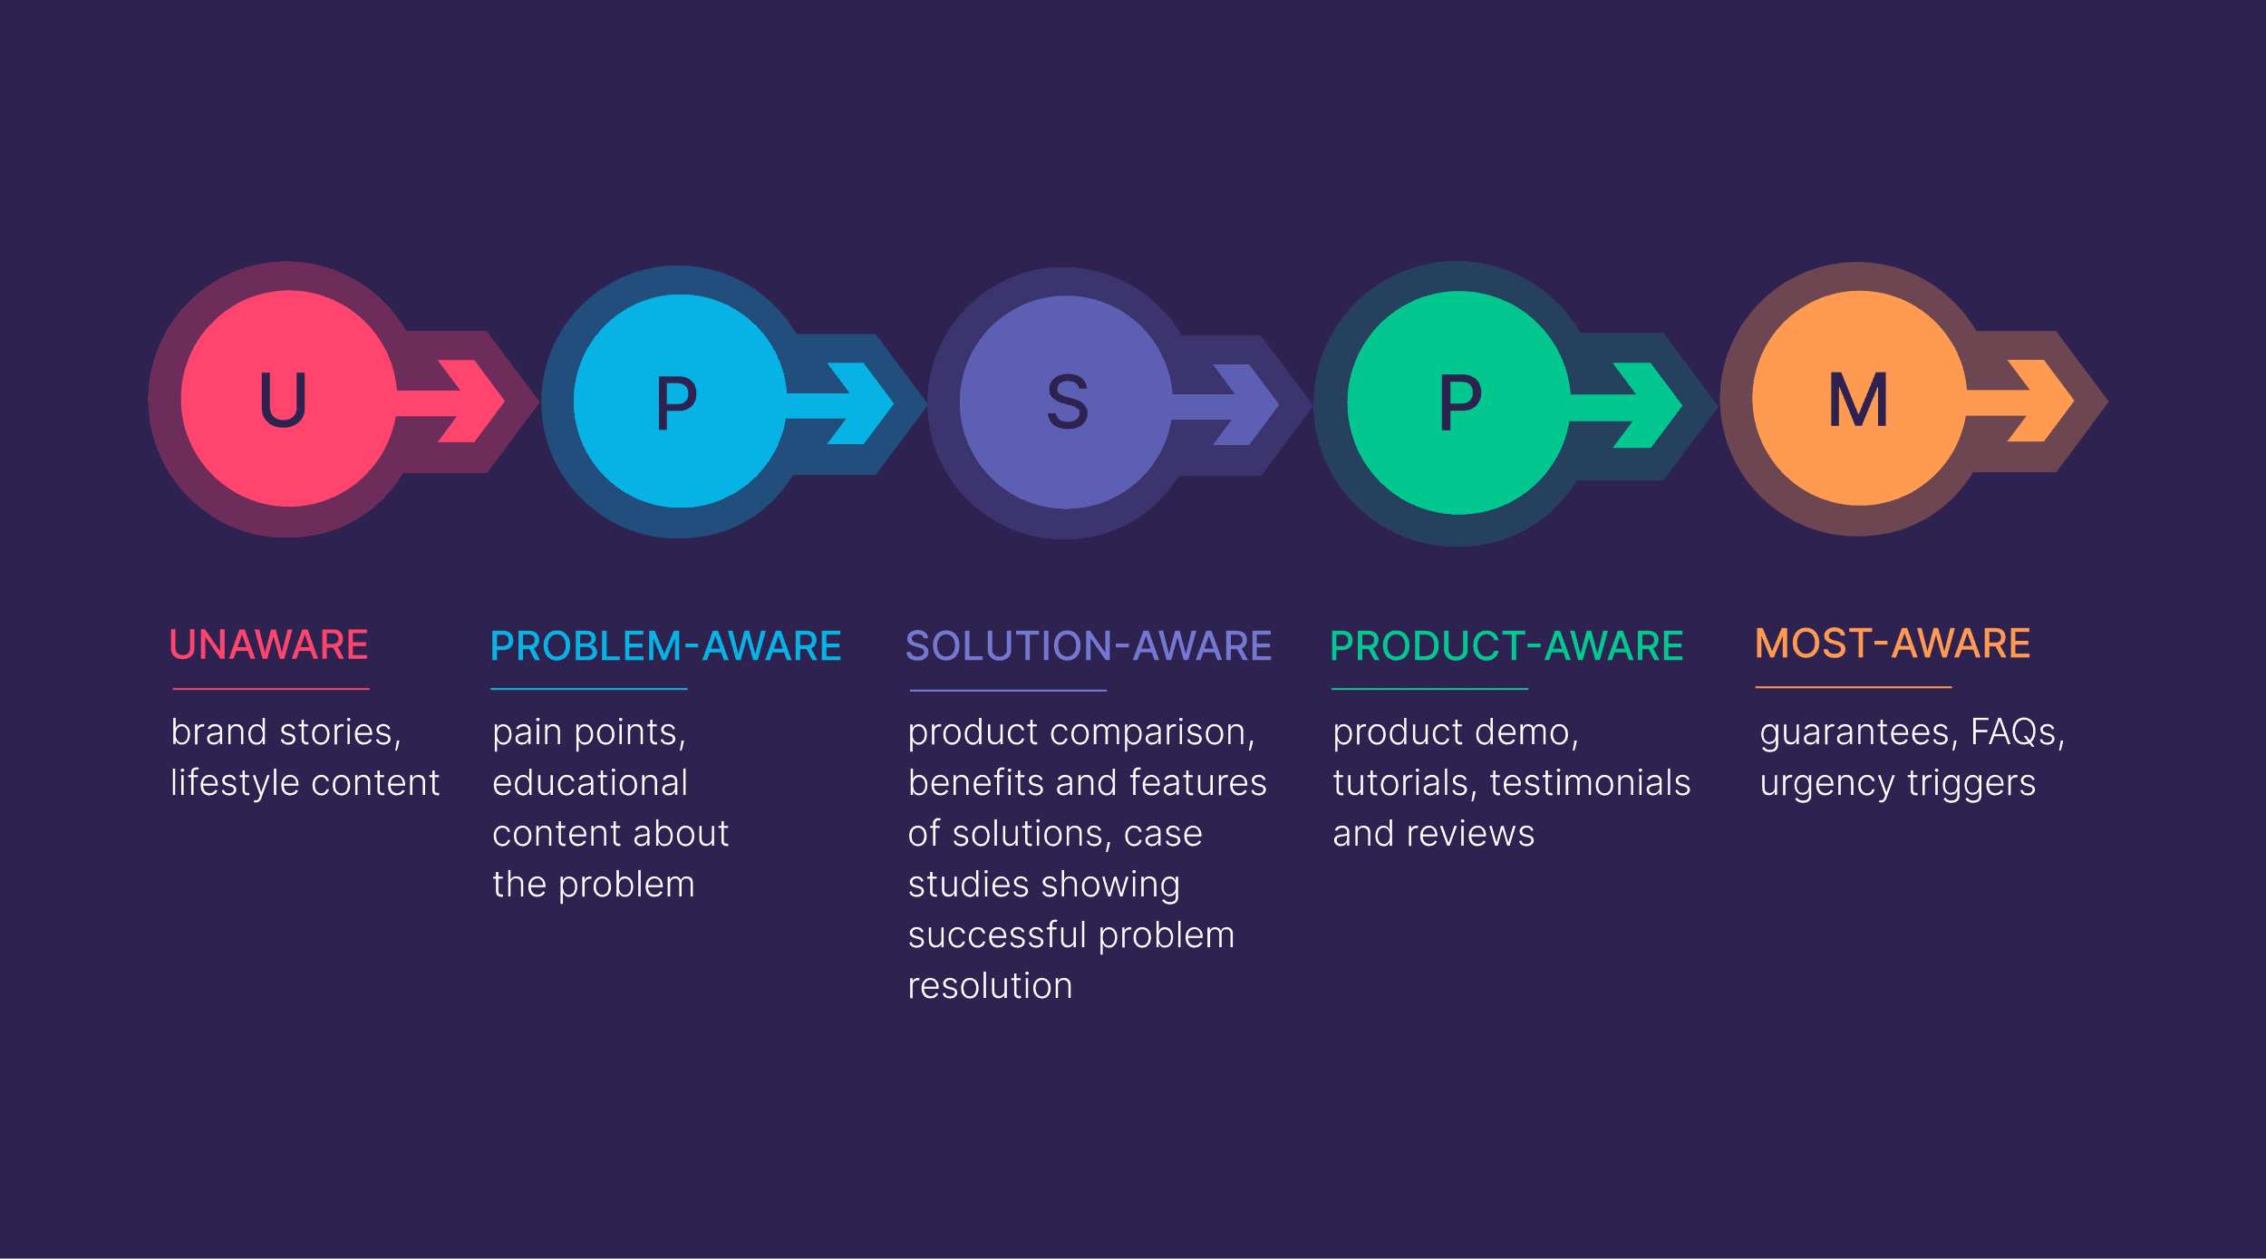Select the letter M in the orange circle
point(1858,399)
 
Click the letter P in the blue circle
point(676,402)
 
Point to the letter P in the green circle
point(1460,402)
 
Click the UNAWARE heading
point(268,645)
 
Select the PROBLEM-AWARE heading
point(665,646)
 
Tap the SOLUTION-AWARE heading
point(1089,646)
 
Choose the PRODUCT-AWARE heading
point(1506,646)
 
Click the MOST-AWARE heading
point(1893,644)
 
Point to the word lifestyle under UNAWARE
point(235,783)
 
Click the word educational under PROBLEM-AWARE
point(590,783)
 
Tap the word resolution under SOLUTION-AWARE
point(990,986)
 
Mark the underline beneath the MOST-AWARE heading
point(1853,687)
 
